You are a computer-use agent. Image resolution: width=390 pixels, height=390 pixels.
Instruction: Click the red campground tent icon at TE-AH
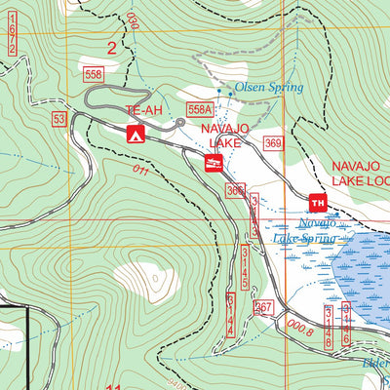click(136, 134)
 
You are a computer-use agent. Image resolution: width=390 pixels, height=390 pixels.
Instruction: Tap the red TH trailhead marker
click(317, 203)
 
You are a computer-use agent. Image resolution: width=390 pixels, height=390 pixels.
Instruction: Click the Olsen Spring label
click(269, 88)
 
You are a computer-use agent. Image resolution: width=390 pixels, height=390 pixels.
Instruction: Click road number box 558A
click(201, 110)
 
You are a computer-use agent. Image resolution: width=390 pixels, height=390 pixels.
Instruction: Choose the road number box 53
click(60, 119)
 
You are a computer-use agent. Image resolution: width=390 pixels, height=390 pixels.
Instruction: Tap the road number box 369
click(272, 144)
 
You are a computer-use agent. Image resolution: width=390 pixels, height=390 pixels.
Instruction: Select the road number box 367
click(262, 307)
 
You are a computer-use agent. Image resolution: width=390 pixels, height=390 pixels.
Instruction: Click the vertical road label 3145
click(245, 268)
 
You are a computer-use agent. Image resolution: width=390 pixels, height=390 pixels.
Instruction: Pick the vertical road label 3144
click(230, 314)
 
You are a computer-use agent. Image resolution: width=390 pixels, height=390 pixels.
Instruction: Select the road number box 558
click(94, 74)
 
